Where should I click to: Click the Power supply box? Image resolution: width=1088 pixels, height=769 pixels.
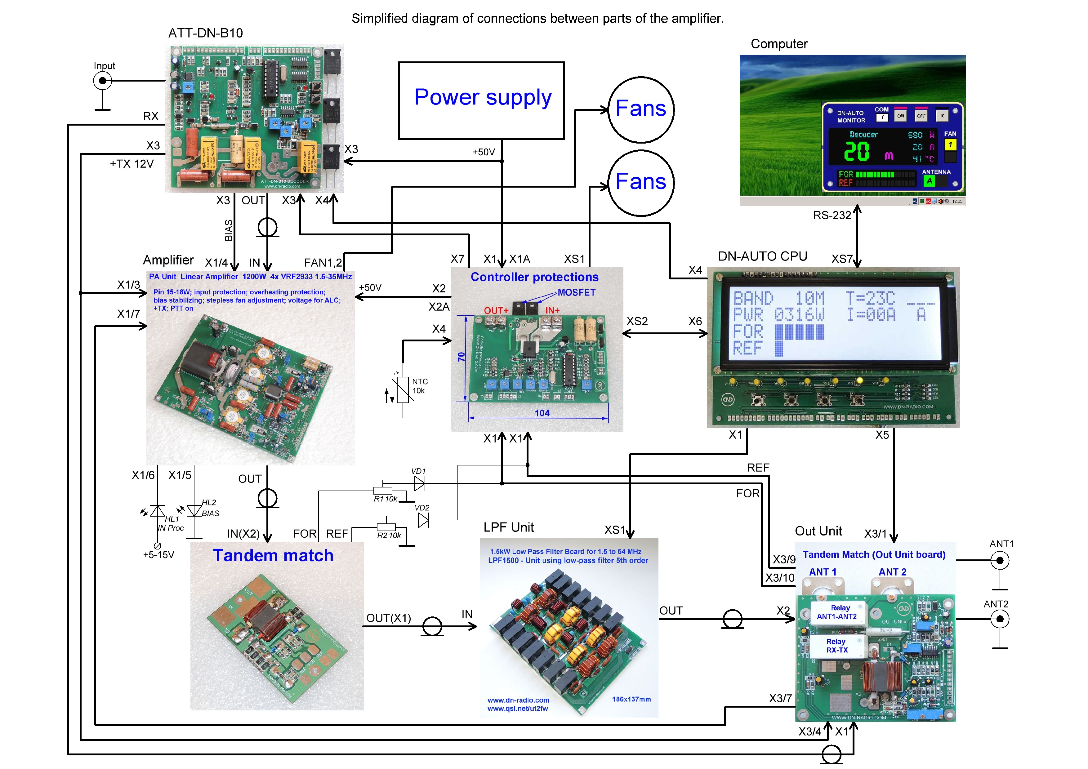481,100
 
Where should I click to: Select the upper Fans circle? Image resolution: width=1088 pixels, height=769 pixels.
641,109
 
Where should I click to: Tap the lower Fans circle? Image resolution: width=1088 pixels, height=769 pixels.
641,182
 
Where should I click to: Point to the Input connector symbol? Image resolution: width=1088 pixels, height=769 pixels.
102,81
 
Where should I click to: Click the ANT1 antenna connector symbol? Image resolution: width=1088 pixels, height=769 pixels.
1000,561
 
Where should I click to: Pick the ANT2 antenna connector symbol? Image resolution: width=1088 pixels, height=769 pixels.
1000,619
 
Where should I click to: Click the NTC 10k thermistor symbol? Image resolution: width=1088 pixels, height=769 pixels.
403,389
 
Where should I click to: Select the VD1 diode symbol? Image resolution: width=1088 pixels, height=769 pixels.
419,483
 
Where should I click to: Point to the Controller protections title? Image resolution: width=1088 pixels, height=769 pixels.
534,277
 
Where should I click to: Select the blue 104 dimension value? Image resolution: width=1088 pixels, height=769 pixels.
542,413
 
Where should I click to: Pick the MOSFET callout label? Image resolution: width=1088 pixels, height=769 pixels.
576,293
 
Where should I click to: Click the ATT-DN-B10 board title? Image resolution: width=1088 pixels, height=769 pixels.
206,33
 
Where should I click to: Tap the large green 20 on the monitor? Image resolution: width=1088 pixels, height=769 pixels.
857,152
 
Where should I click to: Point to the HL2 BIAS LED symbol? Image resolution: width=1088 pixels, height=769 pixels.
194,511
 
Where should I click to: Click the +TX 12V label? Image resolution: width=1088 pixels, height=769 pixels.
132,164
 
